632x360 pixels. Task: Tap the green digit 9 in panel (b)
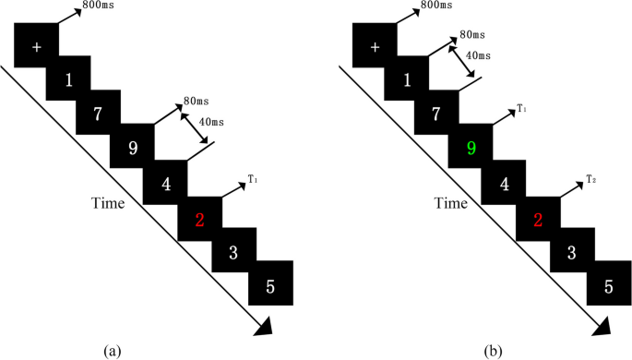(x=472, y=148)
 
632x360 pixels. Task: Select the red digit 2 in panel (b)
(x=538, y=220)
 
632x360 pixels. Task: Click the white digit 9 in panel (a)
(x=134, y=148)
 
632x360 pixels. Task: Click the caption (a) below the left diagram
(x=113, y=350)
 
